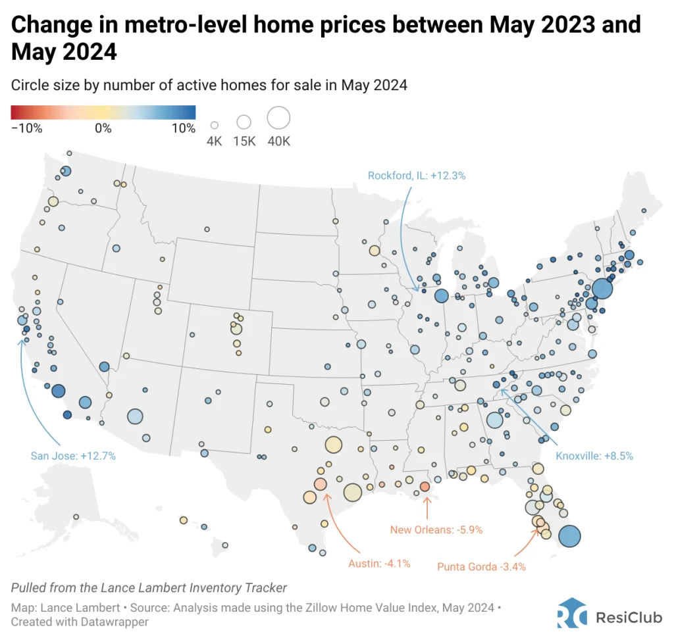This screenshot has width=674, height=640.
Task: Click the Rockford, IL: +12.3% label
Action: click(x=417, y=176)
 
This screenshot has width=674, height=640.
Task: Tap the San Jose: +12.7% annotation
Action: click(x=73, y=455)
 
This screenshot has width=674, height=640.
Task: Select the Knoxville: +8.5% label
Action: click(x=594, y=456)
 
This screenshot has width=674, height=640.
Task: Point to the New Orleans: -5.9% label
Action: click(x=432, y=529)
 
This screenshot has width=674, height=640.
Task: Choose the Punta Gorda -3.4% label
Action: click(x=481, y=566)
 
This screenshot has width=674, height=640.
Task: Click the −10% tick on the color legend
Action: click(x=26, y=128)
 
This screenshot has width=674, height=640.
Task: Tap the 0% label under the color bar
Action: click(x=103, y=128)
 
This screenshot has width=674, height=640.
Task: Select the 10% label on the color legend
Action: click(x=184, y=128)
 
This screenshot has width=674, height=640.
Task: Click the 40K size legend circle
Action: click(x=278, y=118)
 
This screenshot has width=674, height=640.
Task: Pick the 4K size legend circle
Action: click(x=214, y=124)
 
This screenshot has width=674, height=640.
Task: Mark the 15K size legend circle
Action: click(x=244, y=122)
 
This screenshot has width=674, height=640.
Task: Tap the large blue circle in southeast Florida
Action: click(x=569, y=536)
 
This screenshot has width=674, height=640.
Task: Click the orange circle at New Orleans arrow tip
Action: click(x=425, y=487)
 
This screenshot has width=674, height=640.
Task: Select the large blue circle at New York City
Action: click(x=602, y=289)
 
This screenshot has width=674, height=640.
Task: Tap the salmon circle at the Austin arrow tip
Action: click(x=320, y=484)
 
